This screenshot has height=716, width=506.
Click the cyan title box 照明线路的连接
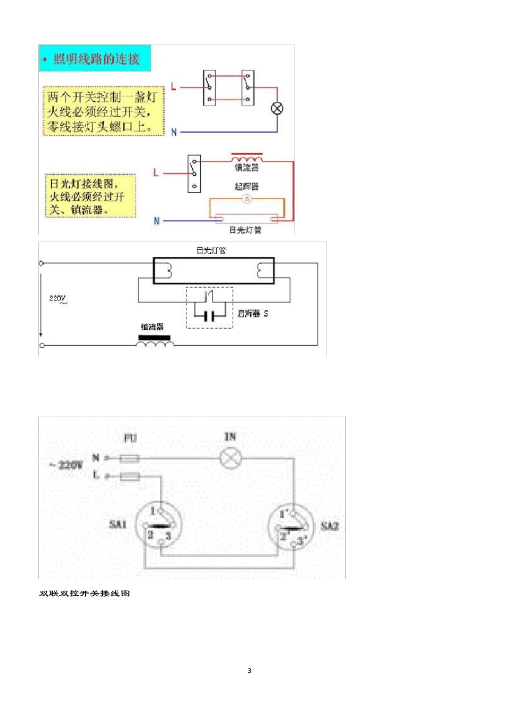[x=95, y=58]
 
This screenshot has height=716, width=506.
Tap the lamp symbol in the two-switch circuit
[x=277, y=109]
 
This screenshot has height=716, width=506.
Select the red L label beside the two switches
[x=174, y=87]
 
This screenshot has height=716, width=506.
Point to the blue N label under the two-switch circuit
[x=174, y=132]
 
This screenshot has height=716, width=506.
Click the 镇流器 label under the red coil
[x=247, y=168]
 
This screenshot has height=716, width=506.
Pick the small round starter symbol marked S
[x=247, y=199]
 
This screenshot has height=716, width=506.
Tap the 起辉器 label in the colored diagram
[x=247, y=186]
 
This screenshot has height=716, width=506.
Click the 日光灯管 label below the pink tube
[x=245, y=230]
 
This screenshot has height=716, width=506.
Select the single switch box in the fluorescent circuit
[x=194, y=174]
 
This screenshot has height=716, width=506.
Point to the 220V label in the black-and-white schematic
[x=58, y=298]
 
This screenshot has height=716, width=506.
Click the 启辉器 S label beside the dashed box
[x=253, y=314]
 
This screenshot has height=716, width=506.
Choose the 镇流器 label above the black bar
[x=152, y=327]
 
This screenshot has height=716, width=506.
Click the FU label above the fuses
[x=130, y=438]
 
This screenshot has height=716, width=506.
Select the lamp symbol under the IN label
[x=231, y=458]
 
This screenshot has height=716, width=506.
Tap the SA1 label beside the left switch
[x=118, y=524]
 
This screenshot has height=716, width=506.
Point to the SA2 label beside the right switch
[x=330, y=526]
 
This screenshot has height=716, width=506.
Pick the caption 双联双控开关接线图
[x=85, y=593]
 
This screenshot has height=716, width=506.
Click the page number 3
[x=249, y=671]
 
